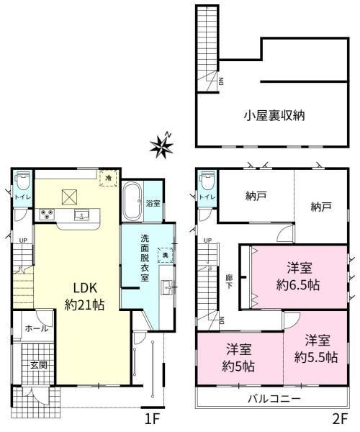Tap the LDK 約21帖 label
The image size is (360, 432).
(x=85, y=297)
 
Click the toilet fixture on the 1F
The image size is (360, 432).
(x=23, y=181)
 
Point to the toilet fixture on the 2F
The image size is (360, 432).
(x=207, y=181)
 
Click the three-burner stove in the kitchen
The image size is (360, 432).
(x=47, y=215)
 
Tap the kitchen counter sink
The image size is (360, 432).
(x=82, y=215)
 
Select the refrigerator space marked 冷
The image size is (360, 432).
(x=109, y=178)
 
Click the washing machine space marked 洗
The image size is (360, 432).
(x=166, y=255)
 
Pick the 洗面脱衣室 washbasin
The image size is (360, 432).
(x=167, y=287)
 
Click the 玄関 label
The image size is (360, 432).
(x=39, y=365)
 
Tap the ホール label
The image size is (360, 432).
(x=36, y=328)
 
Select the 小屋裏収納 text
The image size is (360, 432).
(x=274, y=116)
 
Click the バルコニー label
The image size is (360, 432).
(x=274, y=399)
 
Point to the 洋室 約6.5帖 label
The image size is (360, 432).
(x=298, y=277)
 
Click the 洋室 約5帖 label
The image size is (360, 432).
(x=238, y=358)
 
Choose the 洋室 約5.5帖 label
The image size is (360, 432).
(x=316, y=349)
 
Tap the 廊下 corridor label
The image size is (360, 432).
(x=229, y=281)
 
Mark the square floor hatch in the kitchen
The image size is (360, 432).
(x=69, y=197)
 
